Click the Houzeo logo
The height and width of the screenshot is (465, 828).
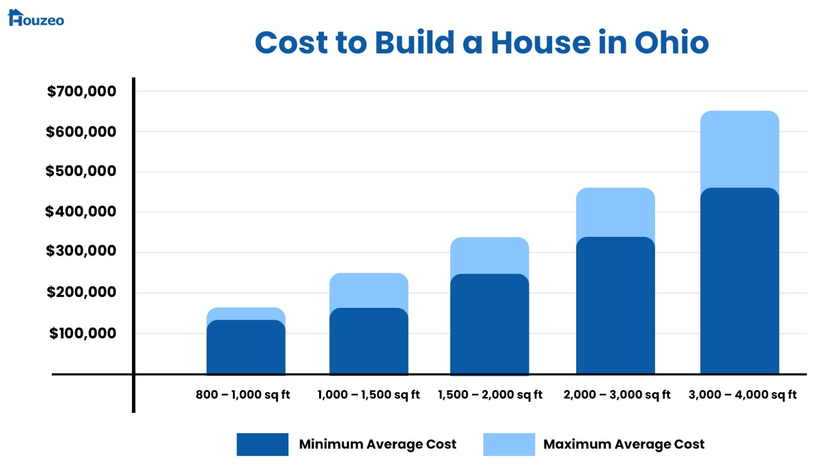(36, 18)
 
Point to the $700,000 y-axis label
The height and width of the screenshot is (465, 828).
(81, 91)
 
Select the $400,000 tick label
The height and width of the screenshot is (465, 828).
(80, 212)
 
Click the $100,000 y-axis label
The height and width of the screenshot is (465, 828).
(82, 334)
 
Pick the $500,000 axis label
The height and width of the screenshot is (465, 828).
(80, 171)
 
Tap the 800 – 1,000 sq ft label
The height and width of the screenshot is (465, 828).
(243, 394)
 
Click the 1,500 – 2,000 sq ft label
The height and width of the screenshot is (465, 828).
(490, 394)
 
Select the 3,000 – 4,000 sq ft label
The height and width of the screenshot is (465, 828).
(742, 394)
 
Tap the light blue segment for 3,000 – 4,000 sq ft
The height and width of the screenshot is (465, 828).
(740, 148)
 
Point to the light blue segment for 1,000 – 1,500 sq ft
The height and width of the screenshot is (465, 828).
(369, 290)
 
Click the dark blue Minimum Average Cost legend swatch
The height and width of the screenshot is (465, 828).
(263, 445)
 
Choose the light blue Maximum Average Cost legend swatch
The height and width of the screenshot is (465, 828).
(509, 445)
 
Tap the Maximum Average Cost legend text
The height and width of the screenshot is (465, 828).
(624, 445)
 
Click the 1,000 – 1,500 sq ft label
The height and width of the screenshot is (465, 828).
(368, 394)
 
